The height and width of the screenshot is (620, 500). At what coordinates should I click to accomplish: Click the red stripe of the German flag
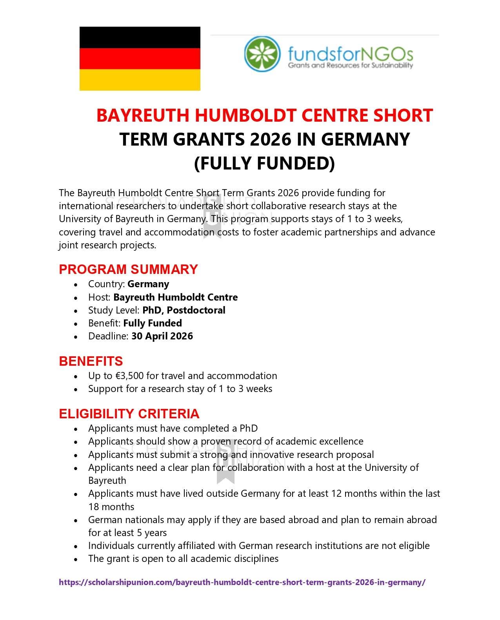(140, 59)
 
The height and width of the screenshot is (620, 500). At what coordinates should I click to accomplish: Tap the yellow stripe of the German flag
(140, 80)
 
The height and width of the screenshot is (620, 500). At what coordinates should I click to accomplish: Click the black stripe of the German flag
(140, 38)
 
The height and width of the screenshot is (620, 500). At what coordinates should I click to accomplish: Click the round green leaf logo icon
(262, 54)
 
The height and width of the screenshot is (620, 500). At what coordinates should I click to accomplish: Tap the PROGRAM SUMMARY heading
(128, 269)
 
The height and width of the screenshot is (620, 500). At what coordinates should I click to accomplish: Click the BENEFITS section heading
(91, 361)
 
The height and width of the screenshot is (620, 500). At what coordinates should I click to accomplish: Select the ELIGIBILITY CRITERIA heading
(129, 414)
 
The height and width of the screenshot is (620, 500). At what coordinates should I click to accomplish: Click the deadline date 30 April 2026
(162, 336)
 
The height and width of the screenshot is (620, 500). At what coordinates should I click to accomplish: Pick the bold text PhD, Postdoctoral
(184, 310)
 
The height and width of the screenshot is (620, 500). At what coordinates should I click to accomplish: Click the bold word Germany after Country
(148, 284)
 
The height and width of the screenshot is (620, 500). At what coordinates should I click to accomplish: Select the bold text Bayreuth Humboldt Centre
(176, 297)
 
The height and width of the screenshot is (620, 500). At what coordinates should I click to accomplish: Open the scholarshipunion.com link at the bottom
(242, 582)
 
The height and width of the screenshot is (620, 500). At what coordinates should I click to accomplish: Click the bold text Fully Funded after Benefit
(153, 323)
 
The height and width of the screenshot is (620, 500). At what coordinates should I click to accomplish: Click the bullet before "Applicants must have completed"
(76, 429)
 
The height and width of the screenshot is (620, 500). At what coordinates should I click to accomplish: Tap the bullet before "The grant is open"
(76, 559)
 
